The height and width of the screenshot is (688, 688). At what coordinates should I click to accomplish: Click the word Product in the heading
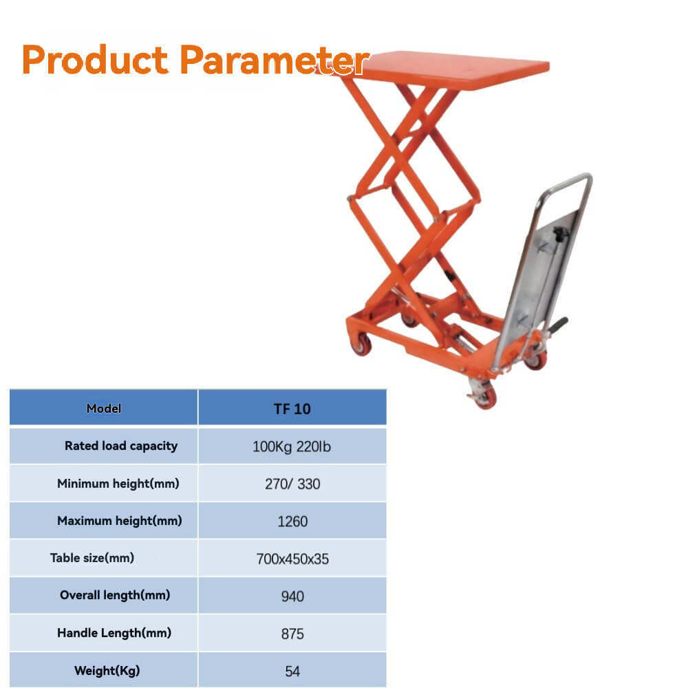pyautogui.click(x=96, y=60)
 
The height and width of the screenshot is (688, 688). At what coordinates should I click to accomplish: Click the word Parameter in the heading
pyautogui.click(x=274, y=60)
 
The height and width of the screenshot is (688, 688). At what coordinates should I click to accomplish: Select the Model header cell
pyautogui.click(x=104, y=409)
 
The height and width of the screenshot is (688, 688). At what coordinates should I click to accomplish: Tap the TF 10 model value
pyautogui.click(x=292, y=409)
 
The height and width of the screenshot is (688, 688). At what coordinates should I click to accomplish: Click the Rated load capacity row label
pyautogui.click(x=121, y=446)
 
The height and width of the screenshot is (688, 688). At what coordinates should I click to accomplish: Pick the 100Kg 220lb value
pyautogui.click(x=292, y=447)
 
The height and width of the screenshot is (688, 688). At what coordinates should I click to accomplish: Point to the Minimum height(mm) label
pyautogui.click(x=118, y=484)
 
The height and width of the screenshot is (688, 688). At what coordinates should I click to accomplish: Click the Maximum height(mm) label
pyautogui.click(x=120, y=521)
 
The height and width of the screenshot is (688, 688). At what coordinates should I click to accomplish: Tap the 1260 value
pyautogui.click(x=292, y=522)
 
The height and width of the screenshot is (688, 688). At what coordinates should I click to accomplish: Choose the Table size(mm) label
pyautogui.click(x=92, y=558)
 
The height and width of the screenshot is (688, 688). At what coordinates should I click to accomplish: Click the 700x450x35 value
pyautogui.click(x=292, y=559)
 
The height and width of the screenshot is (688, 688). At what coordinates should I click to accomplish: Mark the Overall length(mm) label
pyautogui.click(x=115, y=595)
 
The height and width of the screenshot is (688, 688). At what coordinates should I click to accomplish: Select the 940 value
pyautogui.click(x=292, y=596)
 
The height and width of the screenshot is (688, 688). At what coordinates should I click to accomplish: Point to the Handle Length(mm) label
pyautogui.click(x=114, y=633)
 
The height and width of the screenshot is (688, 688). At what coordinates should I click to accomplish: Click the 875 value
pyautogui.click(x=292, y=634)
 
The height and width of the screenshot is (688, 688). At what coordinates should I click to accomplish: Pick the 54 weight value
pyautogui.click(x=292, y=671)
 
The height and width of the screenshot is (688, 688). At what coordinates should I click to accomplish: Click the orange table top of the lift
pyautogui.click(x=454, y=69)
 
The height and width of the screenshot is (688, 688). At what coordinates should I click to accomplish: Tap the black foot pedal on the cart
pyautogui.click(x=559, y=323)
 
